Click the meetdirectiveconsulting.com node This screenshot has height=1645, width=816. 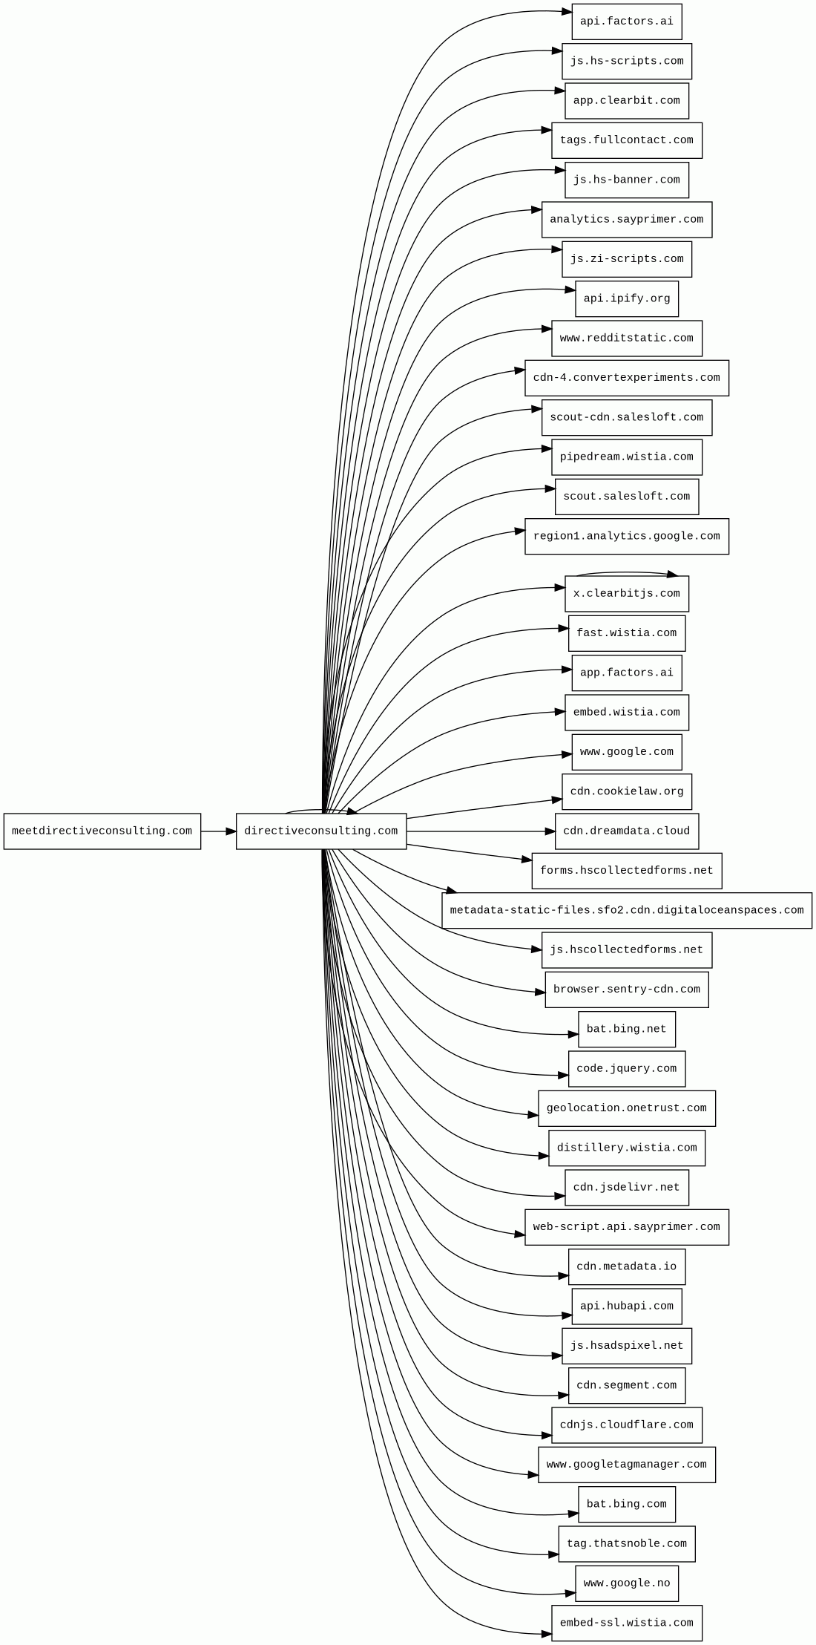[102, 831]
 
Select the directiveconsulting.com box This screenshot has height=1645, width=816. [320, 831]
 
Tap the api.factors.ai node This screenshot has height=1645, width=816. [626, 22]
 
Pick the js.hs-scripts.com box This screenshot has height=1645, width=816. [626, 61]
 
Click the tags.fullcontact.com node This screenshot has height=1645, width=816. [626, 140]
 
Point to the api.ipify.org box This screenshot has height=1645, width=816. [626, 298]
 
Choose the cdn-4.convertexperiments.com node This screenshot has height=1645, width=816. [626, 378]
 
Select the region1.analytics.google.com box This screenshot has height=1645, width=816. [626, 536]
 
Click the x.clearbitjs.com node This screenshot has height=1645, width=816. [626, 594]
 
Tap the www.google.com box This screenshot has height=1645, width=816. [626, 752]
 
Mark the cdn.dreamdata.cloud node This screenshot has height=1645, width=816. [626, 831]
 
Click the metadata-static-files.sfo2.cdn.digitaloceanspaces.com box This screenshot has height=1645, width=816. [626, 910]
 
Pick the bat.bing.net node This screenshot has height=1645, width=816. [626, 1029]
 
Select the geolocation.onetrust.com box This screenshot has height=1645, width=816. [626, 1108]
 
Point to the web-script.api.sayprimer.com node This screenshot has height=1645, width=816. [626, 1227]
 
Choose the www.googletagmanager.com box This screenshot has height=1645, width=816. [626, 1465]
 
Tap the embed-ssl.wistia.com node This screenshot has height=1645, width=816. [626, 1623]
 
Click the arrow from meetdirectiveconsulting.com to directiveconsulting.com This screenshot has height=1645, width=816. [218, 831]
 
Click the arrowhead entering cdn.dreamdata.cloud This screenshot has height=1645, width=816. [550, 831]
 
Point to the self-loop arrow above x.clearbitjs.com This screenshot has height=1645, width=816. [626, 572]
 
